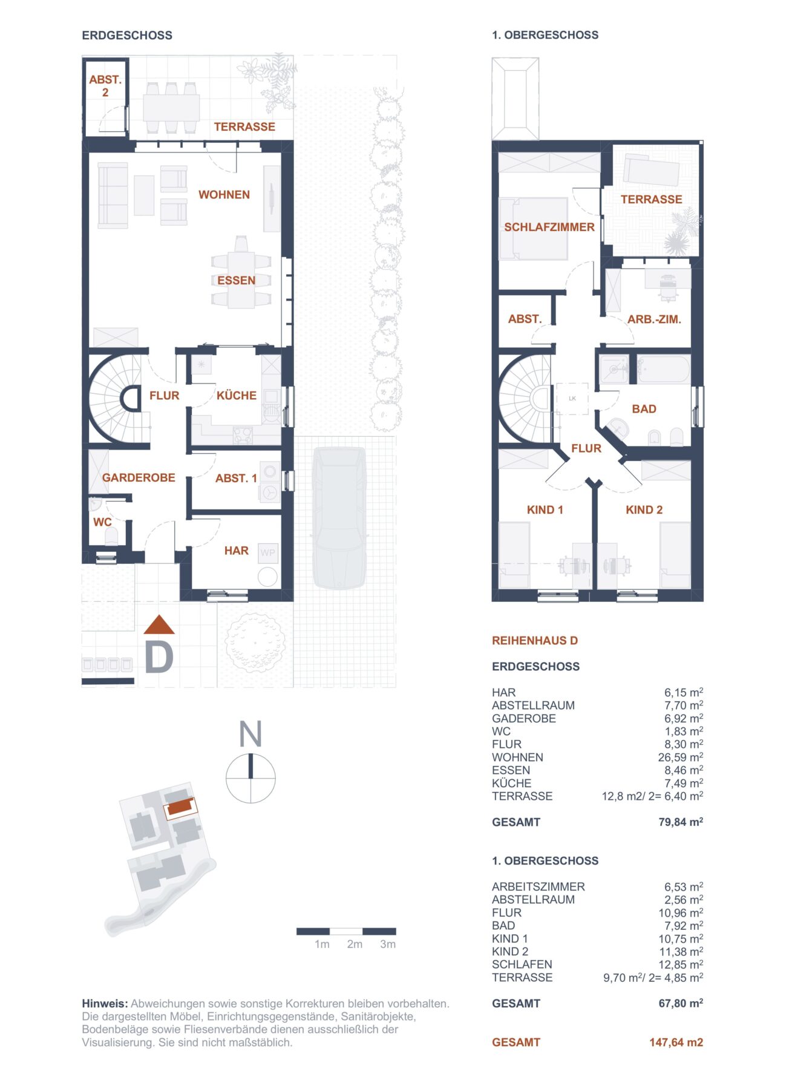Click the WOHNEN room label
[224, 195]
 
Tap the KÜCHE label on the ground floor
[237, 396]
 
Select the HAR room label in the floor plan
[236, 551]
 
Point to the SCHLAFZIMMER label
[549, 227]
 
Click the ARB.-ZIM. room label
[654, 319]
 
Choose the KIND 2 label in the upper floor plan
[644, 510]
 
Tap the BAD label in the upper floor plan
[644, 409]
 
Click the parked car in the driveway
[339, 517]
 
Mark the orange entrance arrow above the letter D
[159, 625]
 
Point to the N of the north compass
[250, 734]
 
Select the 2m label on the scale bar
[355, 944]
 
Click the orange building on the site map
[180, 806]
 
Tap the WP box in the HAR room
[267, 552]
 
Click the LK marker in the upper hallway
[572, 398]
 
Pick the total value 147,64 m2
[676, 1042]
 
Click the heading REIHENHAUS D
[534, 641]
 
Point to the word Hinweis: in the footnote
[105, 1004]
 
